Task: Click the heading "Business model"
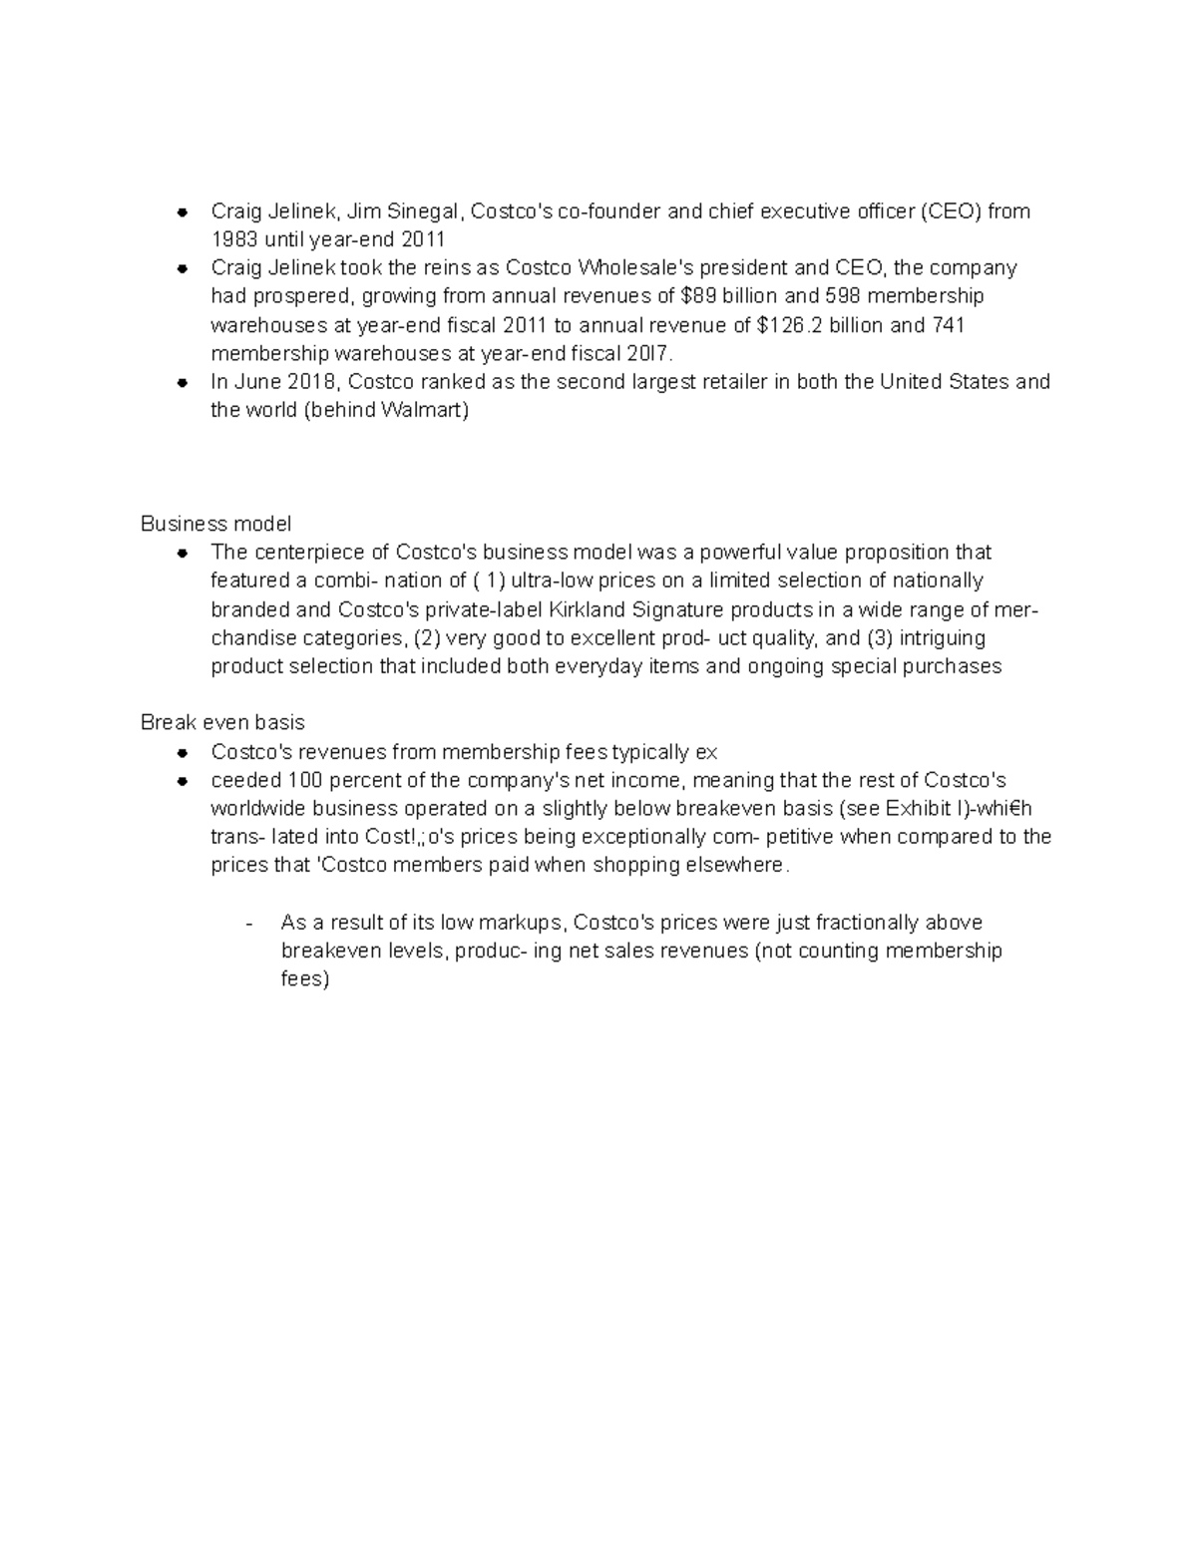click(215, 524)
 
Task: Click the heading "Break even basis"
click(222, 722)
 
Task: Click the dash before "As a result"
click(249, 923)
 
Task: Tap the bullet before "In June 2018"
click(182, 382)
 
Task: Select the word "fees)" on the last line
click(305, 979)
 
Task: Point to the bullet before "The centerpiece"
click(182, 553)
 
